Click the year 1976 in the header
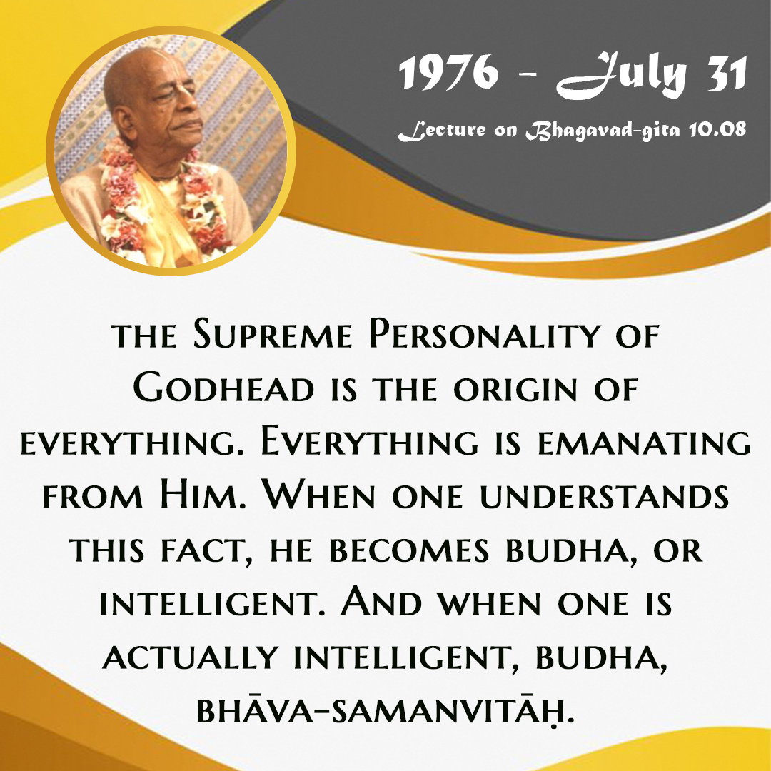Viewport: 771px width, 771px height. click(448, 72)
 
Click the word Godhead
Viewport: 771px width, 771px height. click(223, 388)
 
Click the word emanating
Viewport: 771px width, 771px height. click(644, 442)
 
